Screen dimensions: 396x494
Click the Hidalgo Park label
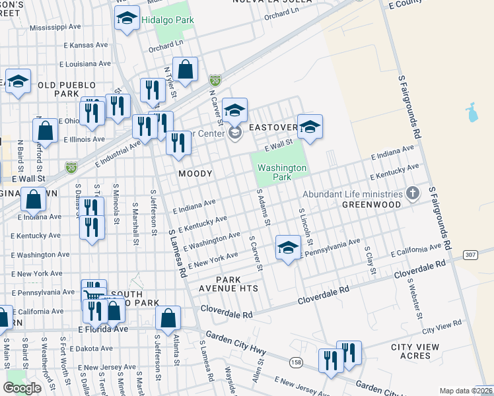click(167, 20)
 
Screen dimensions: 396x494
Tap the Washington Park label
click(282, 172)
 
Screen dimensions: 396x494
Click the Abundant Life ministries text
click(353, 194)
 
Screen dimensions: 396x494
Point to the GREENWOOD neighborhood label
click(371, 205)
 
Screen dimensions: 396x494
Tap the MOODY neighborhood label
click(195, 174)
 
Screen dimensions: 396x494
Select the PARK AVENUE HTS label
click(228, 284)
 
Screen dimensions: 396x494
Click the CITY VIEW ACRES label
click(419, 351)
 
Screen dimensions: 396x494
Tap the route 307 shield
click(470, 254)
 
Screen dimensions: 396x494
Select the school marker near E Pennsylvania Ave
click(287, 247)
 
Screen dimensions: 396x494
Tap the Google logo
click(22, 388)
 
